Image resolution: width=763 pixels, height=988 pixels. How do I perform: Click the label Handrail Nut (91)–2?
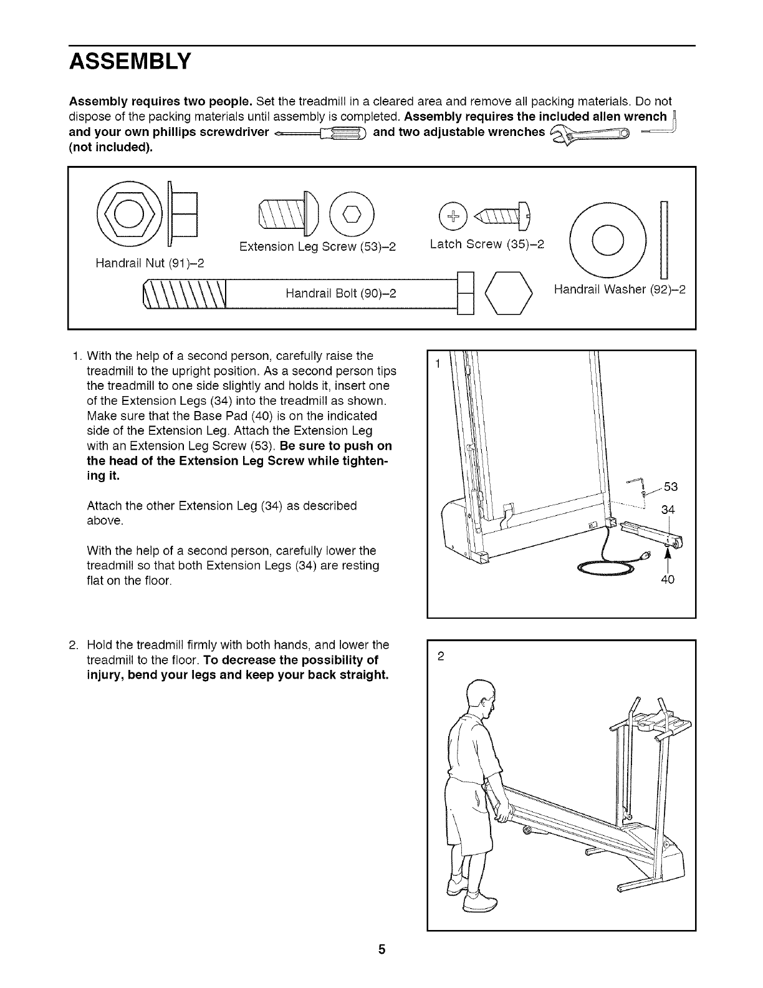[150, 263]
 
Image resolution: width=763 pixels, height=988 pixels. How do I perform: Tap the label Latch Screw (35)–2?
[487, 244]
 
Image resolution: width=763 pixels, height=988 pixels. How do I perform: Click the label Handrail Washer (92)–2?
[620, 289]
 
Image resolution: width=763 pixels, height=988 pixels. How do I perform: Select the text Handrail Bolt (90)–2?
[341, 293]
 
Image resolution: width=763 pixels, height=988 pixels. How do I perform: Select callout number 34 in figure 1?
[668, 510]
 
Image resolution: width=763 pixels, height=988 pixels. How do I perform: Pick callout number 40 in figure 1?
[668, 579]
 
